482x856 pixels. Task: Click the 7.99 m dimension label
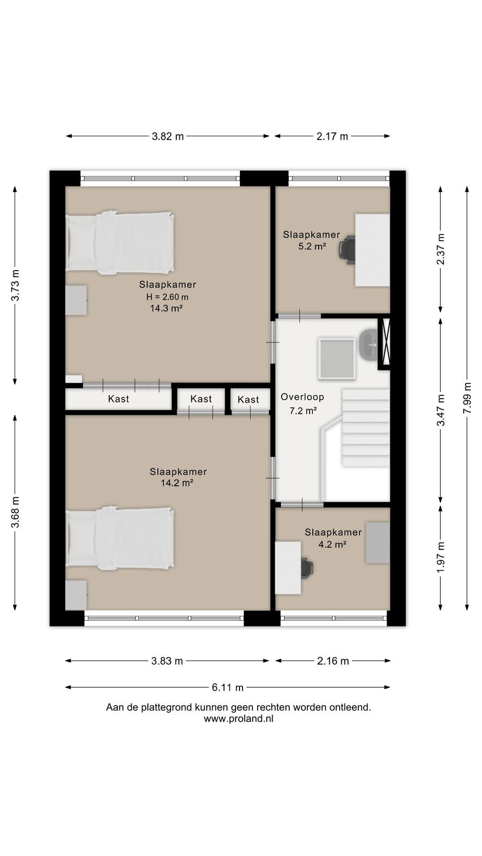(466, 398)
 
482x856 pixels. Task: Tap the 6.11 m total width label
(228, 687)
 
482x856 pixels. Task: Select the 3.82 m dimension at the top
(168, 136)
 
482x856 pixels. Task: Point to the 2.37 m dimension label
(441, 249)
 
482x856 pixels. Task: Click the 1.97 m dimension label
(441, 557)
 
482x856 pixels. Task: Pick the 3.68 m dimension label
(15, 512)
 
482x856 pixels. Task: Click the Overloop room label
(302, 397)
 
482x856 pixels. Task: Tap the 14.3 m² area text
(166, 308)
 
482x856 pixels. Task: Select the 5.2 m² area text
(312, 246)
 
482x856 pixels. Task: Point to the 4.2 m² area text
(333, 544)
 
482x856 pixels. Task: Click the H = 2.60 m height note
(167, 296)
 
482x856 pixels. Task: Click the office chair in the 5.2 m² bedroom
(347, 250)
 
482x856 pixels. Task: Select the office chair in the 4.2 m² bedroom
(307, 568)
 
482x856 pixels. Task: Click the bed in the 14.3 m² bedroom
(120, 242)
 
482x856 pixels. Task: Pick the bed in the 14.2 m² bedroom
(120, 538)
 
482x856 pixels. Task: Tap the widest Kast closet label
(118, 399)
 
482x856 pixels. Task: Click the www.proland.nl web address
(239, 719)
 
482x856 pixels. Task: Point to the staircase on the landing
(365, 427)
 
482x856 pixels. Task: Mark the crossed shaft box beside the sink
(384, 343)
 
